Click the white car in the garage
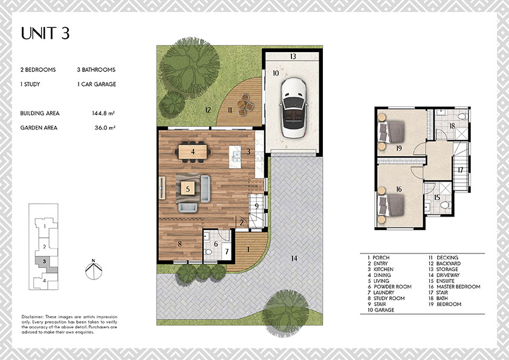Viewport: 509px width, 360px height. tap(294, 108)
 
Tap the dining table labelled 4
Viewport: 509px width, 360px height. tap(192, 152)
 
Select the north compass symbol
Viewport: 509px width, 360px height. tap(94, 269)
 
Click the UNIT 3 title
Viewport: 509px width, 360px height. tap(45, 33)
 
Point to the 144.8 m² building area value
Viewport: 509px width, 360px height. tap(103, 113)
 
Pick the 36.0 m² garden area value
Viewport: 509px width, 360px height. tap(105, 128)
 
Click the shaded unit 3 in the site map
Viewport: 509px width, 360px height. tap(46, 264)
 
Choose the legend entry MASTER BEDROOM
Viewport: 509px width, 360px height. tap(454, 287)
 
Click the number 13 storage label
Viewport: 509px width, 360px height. tap(293, 56)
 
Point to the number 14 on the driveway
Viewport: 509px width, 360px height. tap(294, 258)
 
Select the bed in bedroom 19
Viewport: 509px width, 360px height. tap(391, 133)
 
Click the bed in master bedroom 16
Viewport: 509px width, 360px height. tap(391, 205)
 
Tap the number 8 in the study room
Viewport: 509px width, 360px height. tap(180, 244)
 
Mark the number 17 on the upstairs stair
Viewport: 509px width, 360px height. tap(460, 170)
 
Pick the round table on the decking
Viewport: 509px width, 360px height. tap(242, 104)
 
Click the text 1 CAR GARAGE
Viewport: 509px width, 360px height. tap(96, 84)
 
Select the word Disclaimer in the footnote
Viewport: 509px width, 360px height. tap(32, 317)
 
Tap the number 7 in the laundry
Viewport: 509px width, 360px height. tap(227, 251)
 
